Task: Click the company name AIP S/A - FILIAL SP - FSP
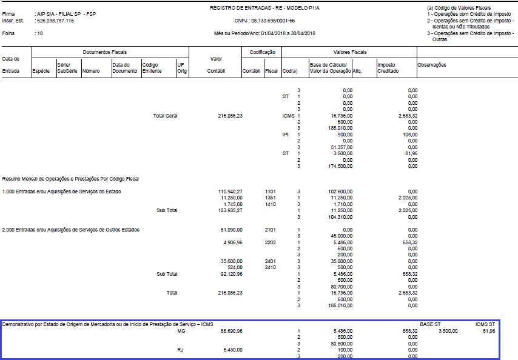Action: point(66,13)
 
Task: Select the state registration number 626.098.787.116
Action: point(55,20)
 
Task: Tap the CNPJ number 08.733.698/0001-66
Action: point(264,20)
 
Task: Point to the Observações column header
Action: point(432,65)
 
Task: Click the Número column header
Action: point(91,71)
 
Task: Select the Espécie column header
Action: point(41,71)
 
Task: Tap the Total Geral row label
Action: point(165,115)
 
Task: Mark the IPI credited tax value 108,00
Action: point(409,134)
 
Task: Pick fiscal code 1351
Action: point(270,198)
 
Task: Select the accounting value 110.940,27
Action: point(230,192)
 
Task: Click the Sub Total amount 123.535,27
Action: point(230,210)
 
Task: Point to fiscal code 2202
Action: point(270,242)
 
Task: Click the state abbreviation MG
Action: point(180,332)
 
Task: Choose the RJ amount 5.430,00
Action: point(233,350)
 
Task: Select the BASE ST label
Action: point(429,325)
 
